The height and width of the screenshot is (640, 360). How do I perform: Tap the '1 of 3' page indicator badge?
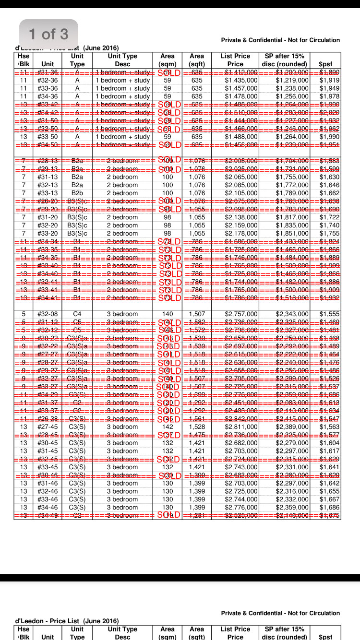coord(48,34)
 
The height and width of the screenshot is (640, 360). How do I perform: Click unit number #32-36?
coord(48,80)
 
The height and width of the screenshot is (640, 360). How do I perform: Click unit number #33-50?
coord(48,137)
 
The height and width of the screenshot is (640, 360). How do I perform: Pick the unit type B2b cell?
coord(77,193)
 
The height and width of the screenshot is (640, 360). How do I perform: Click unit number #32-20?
coord(48,225)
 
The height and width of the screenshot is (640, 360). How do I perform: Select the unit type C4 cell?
coord(77,314)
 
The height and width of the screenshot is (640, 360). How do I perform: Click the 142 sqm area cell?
coord(168,427)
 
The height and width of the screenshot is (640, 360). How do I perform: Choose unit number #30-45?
coord(48,443)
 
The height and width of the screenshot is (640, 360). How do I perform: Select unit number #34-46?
coord(48,508)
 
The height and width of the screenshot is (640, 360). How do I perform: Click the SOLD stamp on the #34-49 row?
coord(169,515)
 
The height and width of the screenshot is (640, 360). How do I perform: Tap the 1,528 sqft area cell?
coord(197,427)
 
